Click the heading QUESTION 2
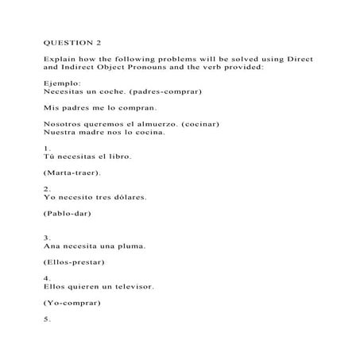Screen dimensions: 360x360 (73, 41)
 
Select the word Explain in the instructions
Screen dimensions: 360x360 (61, 60)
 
